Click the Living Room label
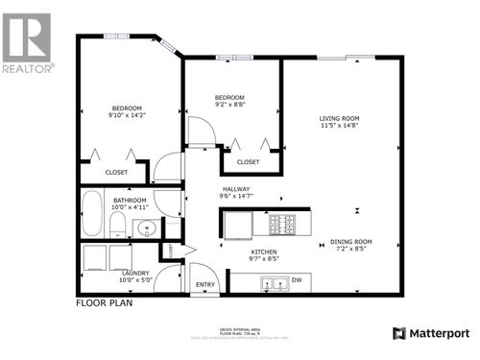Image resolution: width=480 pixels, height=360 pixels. (x=340, y=119)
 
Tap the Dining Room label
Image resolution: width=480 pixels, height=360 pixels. (x=350, y=241)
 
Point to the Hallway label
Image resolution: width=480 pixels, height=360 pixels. (x=235, y=189)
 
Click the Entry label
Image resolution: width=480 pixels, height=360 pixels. (x=205, y=285)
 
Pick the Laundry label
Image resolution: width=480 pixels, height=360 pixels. (x=135, y=274)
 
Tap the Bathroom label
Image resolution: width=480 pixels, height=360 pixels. (x=129, y=200)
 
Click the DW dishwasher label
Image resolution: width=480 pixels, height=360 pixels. (x=296, y=281)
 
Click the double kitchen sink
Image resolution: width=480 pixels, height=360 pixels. (x=274, y=283)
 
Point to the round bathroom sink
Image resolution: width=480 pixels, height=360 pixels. (x=146, y=228)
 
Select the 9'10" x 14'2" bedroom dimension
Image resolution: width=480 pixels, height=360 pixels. (x=127, y=115)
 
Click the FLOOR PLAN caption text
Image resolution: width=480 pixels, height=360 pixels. (x=104, y=302)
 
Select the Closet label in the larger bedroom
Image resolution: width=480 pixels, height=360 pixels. (x=116, y=172)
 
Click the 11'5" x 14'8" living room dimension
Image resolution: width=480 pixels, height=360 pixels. (x=340, y=127)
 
